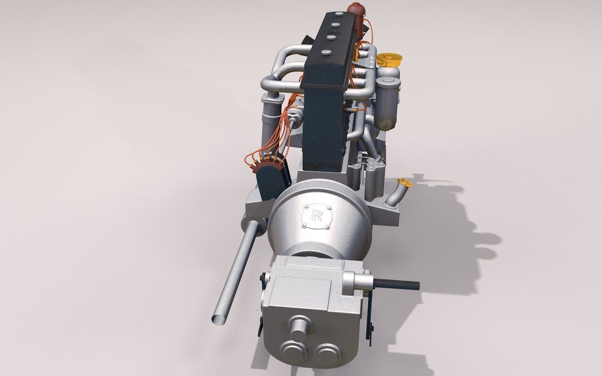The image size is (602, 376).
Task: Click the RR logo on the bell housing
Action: (x=316, y=216)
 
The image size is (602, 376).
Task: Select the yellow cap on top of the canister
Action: (x=389, y=60)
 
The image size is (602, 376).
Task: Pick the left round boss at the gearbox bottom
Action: (x=292, y=352)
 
